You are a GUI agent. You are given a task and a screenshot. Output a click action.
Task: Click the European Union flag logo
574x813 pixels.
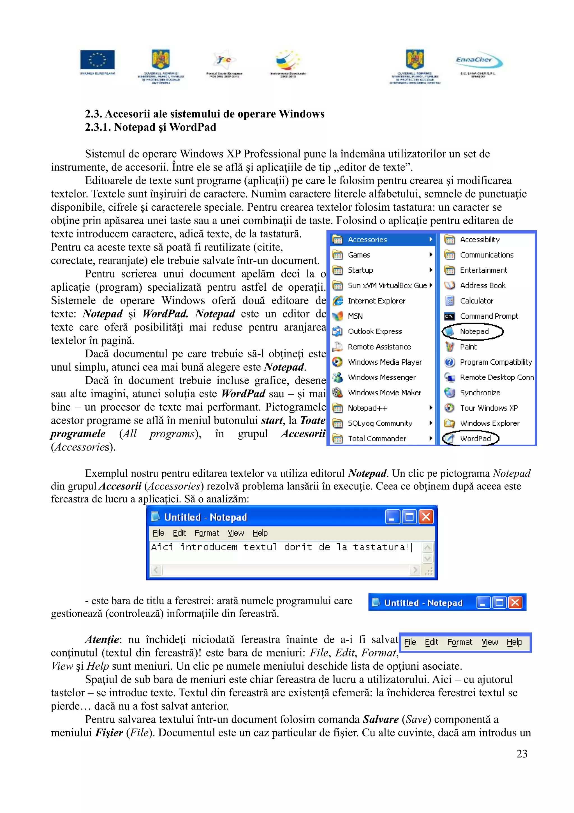click(97, 59)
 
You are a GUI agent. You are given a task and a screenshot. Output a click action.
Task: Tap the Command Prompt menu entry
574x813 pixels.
click(489, 316)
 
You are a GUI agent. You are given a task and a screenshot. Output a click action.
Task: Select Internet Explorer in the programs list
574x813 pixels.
click(376, 301)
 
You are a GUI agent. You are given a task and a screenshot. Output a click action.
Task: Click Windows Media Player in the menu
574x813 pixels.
click(385, 362)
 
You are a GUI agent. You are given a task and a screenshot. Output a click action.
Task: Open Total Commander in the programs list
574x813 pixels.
click(377, 438)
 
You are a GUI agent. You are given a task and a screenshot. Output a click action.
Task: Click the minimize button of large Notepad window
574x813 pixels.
click(392, 517)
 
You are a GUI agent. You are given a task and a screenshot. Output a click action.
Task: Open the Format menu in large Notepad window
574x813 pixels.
click(207, 533)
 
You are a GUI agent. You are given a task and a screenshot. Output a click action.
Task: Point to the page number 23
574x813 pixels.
click(522, 754)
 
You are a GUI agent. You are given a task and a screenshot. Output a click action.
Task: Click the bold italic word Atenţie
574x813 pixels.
click(102, 640)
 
